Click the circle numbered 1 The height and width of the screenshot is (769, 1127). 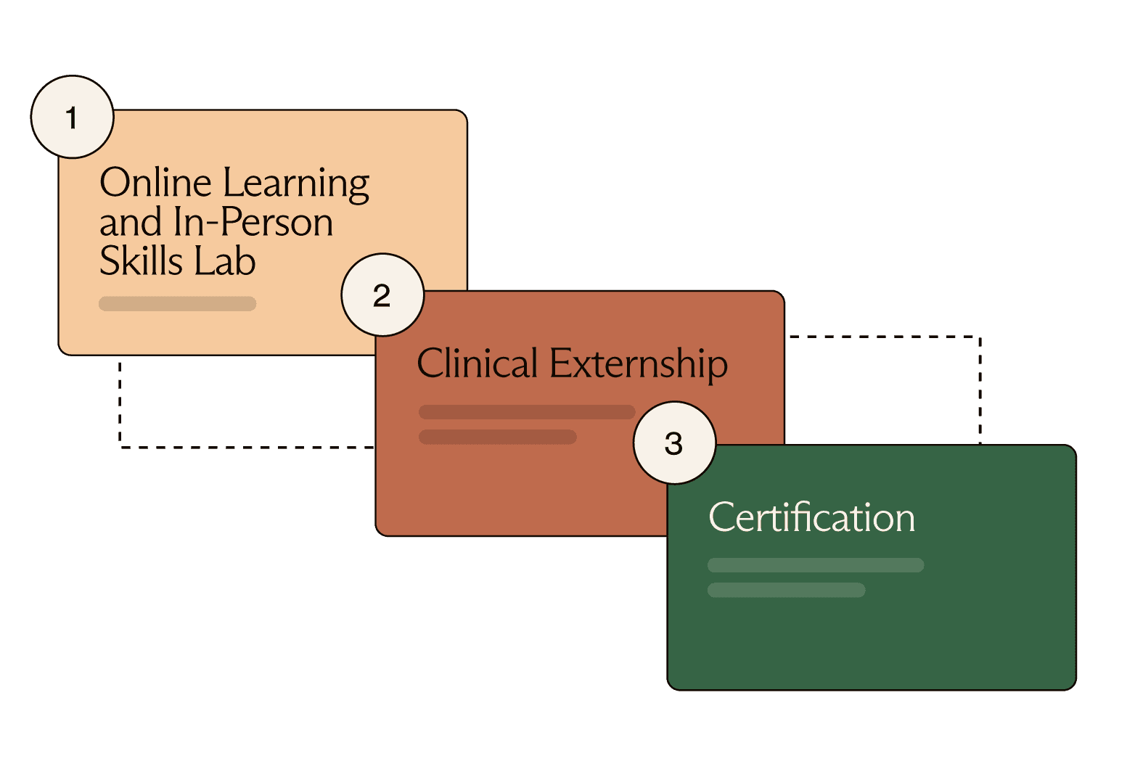[x=72, y=117]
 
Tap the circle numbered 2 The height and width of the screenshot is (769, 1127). [x=382, y=295]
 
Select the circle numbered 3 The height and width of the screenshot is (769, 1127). [x=674, y=443]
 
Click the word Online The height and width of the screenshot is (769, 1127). [x=155, y=182]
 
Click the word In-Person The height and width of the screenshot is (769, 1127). [x=253, y=222]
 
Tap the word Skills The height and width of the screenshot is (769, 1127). [x=142, y=261]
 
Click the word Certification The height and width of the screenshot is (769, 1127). [x=811, y=517]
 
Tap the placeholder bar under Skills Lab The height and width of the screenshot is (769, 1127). [x=177, y=303]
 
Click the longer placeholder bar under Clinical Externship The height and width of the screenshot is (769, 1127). [x=527, y=412]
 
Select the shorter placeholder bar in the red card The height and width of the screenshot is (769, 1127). [x=498, y=437]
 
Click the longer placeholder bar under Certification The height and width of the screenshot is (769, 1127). [x=816, y=565]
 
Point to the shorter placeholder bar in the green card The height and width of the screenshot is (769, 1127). [x=787, y=590]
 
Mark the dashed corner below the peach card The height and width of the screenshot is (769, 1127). [x=120, y=447]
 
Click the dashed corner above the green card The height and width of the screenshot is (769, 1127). [x=980, y=337]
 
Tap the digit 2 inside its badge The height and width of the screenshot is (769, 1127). [x=382, y=295]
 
